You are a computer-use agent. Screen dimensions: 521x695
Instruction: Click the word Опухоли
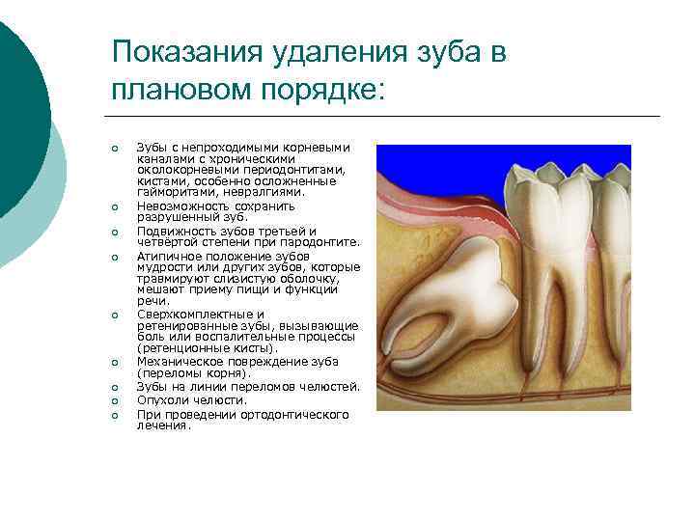158,399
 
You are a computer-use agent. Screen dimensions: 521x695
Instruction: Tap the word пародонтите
325,242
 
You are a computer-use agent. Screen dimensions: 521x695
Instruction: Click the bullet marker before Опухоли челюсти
115,400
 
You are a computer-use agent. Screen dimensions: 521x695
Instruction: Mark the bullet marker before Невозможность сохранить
115,206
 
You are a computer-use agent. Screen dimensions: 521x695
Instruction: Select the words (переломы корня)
193,372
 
